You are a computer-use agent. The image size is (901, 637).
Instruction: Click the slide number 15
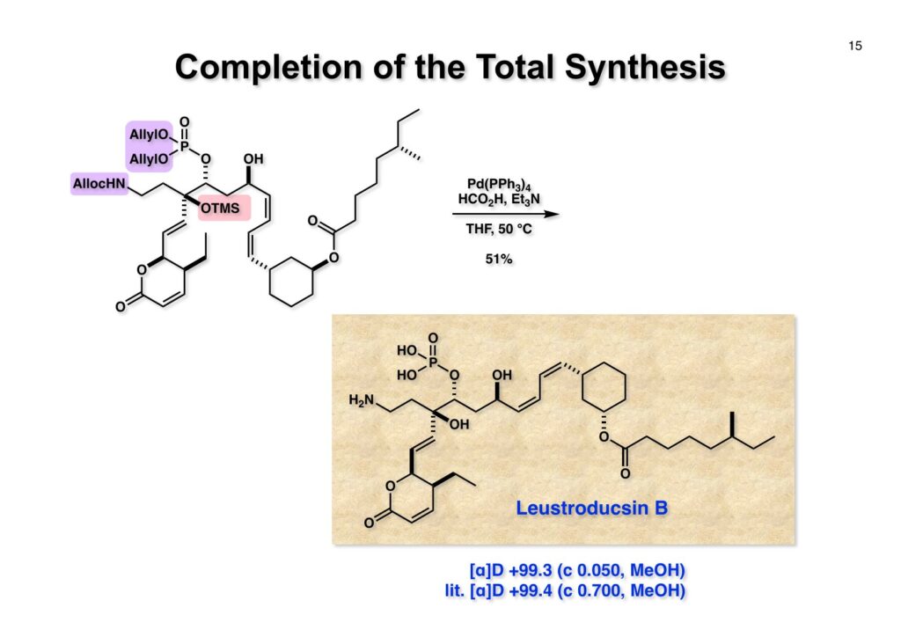click(x=855, y=46)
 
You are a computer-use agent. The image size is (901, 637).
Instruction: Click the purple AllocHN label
click(x=99, y=185)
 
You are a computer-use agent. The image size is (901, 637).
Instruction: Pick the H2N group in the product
click(x=365, y=401)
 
